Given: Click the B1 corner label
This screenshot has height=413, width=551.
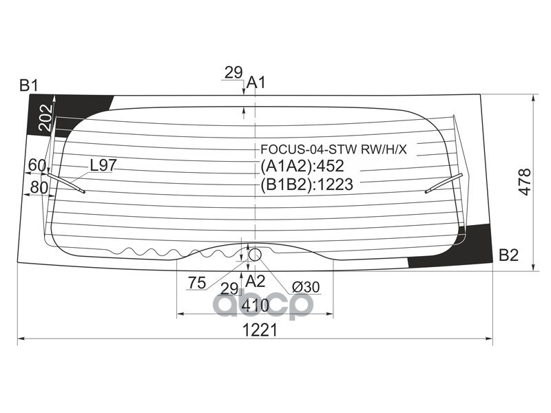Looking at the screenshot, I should (x=28, y=86).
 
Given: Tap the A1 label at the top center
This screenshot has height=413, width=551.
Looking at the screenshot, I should (x=256, y=83).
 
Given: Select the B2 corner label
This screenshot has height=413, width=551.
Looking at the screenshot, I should (x=508, y=255).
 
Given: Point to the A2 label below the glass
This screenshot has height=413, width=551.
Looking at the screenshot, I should (x=256, y=280).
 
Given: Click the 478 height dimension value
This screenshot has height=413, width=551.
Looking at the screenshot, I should (x=525, y=182).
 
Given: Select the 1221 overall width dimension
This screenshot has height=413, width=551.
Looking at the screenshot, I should (x=259, y=330).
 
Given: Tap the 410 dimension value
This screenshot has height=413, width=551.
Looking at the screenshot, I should (x=255, y=305).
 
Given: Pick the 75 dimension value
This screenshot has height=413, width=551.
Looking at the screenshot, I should (x=197, y=282).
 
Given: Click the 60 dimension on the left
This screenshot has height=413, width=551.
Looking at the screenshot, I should (x=37, y=165).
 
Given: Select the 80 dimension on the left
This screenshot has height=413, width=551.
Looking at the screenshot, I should (x=39, y=187).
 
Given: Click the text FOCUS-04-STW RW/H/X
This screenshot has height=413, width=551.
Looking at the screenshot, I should (x=333, y=149).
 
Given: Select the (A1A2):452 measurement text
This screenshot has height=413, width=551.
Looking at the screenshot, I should (x=302, y=166).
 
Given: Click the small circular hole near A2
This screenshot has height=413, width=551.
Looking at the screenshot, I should (x=255, y=255).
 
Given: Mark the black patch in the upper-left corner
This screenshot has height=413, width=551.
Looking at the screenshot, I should (x=62, y=110).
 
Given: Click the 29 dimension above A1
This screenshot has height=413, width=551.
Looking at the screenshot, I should (x=233, y=72).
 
